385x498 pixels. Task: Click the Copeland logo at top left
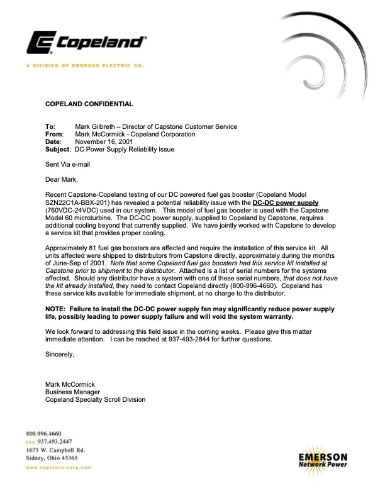pos(86,43)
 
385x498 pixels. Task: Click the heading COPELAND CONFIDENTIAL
pos(89,103)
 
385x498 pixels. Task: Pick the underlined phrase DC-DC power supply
pos(286,203)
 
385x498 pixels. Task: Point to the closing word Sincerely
pos(60,355)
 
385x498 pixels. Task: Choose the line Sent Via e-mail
pos(68,164)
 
